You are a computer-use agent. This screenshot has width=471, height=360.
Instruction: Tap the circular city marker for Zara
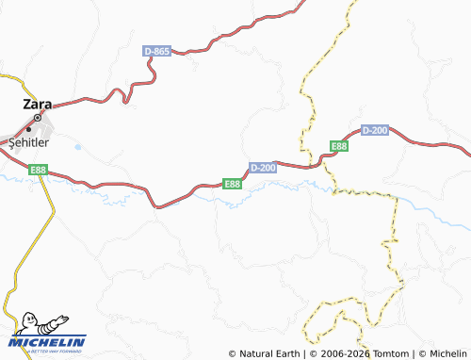pos(38,118)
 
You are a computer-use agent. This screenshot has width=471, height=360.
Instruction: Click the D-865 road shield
pos(156,51)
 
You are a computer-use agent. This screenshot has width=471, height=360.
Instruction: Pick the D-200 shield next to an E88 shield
pos(263,167)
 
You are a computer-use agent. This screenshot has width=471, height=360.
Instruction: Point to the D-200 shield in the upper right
pos(374,129)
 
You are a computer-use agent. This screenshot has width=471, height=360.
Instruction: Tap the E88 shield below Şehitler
pos(38,170)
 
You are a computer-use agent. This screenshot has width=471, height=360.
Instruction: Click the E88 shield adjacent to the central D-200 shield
pos(233,183)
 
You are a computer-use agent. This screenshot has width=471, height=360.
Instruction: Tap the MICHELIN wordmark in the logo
pos(53,342)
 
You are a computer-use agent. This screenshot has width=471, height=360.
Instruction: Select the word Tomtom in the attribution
pos(388,353)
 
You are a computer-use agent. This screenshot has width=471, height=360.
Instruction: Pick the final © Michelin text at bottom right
pos(442,353)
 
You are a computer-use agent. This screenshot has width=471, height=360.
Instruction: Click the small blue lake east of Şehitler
pos(75,146)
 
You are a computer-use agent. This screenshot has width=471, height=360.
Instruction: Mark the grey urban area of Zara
pos(28,127)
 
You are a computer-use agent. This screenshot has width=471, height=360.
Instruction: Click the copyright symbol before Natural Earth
pos(233,353)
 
